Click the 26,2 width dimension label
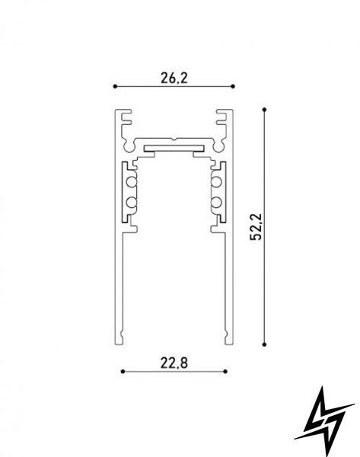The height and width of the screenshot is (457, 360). [x=174, y=78]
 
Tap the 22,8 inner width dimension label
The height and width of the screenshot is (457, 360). [x=174, y=363]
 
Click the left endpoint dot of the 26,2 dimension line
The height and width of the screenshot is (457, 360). [x=115, y=86]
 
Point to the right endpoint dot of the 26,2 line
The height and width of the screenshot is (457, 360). [x=233, y=86]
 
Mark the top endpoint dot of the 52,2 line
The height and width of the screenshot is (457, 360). [x=264, y=110]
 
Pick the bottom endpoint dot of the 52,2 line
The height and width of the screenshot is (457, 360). [x=264, y=344]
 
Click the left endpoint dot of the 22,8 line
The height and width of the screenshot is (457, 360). [x=123, y=372]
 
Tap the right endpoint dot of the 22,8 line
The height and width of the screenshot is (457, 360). [x=225, y=372]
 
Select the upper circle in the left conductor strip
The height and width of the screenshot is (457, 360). [x=132, y=182]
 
